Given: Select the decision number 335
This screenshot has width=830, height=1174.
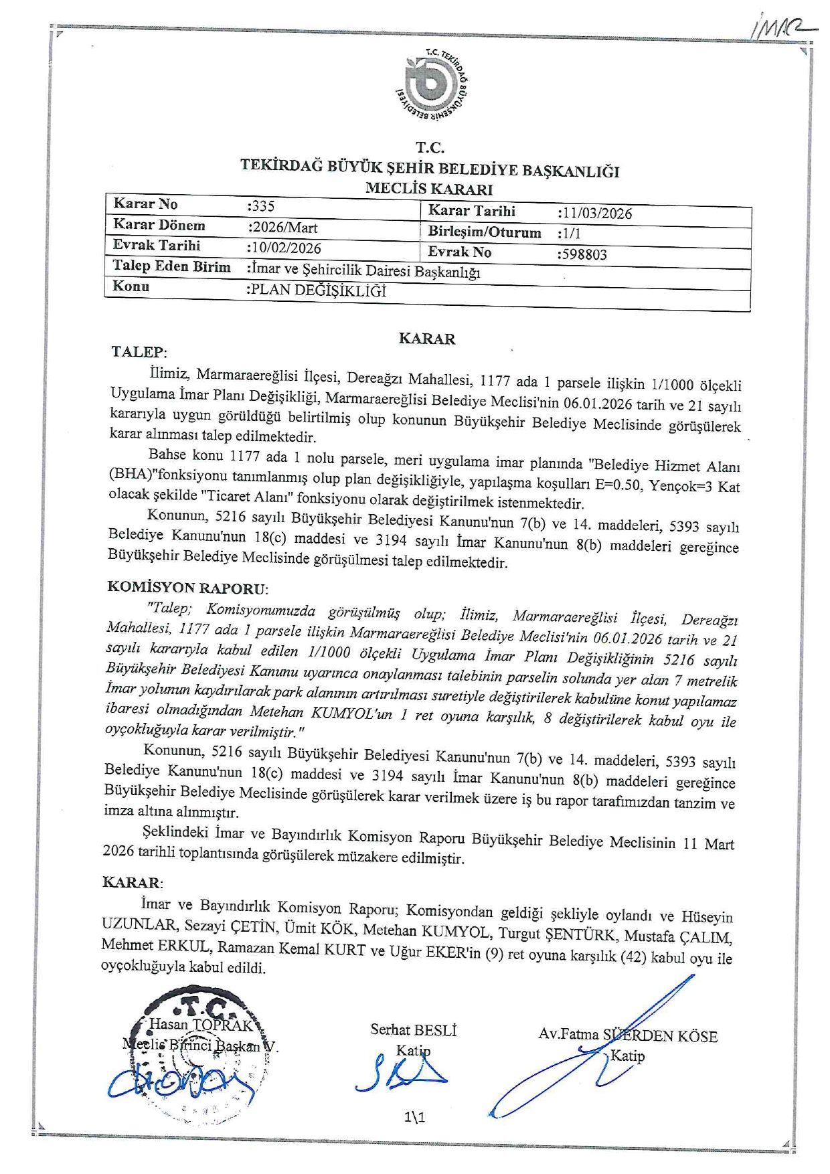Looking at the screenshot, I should point(262,206).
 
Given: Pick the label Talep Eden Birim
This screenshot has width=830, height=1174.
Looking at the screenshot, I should point(171,266).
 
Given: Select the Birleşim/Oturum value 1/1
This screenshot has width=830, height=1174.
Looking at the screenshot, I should point(570,234).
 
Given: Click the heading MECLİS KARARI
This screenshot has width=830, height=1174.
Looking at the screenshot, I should point(429,189).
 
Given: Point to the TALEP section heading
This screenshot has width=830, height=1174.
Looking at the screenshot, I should point(139,352).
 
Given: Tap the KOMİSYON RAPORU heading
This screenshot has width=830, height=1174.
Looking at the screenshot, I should point(187,588).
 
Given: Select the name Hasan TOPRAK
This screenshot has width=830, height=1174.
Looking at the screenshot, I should point(201,1024).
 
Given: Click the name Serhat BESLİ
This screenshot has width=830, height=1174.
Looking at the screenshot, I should point(414,1030).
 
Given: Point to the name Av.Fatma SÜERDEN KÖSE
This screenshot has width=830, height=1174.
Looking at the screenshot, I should point(627,1035).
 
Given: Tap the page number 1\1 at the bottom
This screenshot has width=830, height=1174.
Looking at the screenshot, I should point(415,1116).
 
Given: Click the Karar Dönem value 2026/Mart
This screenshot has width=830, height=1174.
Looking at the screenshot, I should point(283,227).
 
